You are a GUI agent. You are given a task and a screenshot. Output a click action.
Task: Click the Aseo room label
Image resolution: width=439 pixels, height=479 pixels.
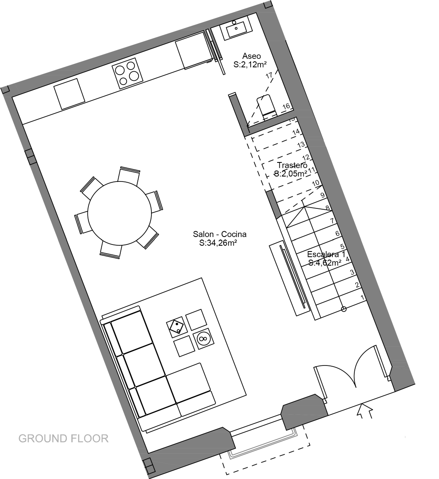pos(251,56)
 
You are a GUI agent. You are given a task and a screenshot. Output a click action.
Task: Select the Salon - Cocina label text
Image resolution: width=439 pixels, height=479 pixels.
pos(219,234)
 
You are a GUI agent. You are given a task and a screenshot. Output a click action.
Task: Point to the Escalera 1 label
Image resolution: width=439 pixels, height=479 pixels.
pos(326,254)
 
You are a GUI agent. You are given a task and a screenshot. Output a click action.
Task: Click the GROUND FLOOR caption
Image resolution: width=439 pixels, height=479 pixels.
pos(63,439)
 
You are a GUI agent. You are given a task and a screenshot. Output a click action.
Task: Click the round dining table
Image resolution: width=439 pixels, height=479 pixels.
pos(120,213)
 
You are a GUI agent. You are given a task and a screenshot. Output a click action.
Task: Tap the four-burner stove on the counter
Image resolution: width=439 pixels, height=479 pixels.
pos(127,73)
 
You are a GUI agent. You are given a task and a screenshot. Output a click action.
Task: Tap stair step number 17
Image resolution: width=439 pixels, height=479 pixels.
pos(269,75)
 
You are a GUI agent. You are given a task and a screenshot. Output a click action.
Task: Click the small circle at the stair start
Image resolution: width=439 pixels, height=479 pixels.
pos(344,309)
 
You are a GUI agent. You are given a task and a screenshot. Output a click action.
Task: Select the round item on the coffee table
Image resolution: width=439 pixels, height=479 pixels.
pos(202,338)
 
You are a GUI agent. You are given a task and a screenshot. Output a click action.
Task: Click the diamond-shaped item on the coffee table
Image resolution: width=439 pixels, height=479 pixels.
pos(176,327)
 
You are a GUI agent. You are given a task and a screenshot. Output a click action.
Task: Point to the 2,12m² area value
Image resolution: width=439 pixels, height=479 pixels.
pos(250,65)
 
